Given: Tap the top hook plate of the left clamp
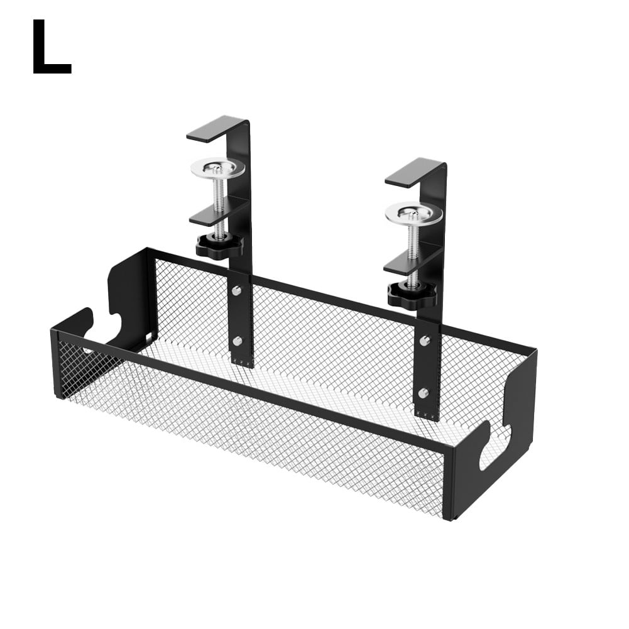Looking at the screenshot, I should click(x=214, y=128).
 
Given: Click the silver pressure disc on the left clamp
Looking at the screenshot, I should click(x=215, y=168).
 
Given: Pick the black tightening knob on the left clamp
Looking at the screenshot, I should click(x=219, y=245).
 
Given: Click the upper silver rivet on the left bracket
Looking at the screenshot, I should click(x=237, y=291).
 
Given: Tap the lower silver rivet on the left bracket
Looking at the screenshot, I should click(x=237, y=341).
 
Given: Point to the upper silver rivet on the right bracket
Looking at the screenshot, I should click(x=424, y=341).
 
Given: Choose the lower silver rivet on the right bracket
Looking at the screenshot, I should click(x=424, y=393).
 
